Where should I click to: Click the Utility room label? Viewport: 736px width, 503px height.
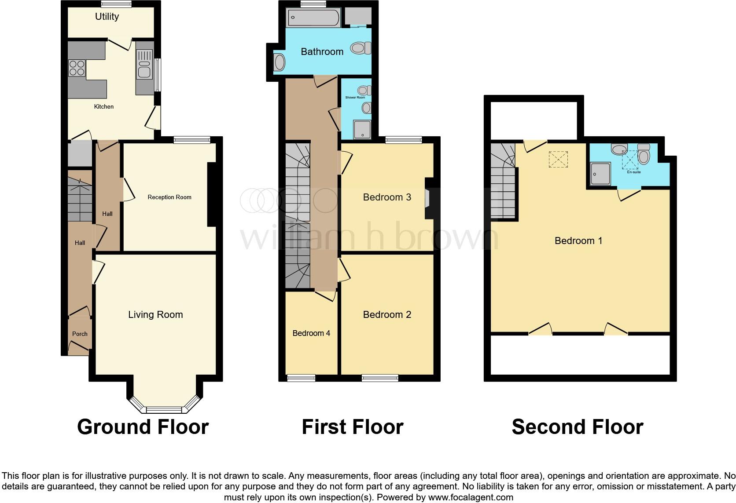tap(107, 17)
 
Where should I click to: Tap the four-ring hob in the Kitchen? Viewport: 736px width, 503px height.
tap(77, 68)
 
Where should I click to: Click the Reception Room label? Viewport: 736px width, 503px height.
tap(169, 197)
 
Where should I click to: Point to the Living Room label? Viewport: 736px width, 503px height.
tap(155, 314)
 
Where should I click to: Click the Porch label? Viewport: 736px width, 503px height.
tap(80, 334)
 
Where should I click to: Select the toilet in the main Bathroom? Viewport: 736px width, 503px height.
tap(361, 48)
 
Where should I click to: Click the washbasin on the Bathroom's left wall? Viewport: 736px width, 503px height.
tap(280, 62)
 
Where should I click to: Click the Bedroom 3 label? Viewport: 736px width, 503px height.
tap(387, 197)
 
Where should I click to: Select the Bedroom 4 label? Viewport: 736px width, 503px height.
tap(311, 333)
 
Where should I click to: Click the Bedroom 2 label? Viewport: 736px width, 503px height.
tap(387, 314)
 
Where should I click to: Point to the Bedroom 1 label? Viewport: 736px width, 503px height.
tap(578, 241)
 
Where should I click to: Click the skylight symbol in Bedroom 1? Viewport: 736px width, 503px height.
tap(558, 159)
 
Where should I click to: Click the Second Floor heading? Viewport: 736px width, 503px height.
tap(577, 427)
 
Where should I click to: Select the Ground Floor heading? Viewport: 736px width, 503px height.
tap(143, 427)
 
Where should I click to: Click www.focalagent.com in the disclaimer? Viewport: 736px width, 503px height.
tap(470, 498)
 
